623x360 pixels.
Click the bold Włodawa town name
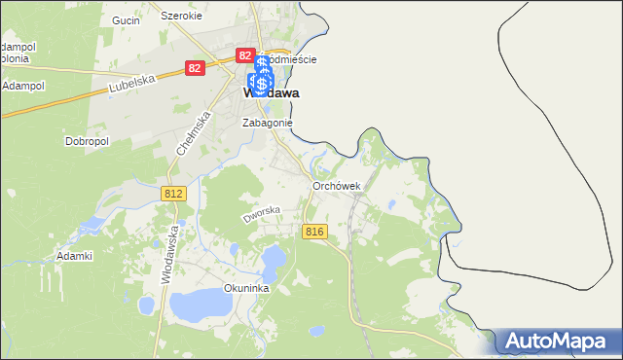[269, 94]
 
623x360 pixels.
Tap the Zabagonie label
[268, 124]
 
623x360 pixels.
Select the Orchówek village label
[337, 186]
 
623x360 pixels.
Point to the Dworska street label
[262, 214]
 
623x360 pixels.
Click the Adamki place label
[74, 256]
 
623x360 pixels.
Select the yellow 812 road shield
[173, 195]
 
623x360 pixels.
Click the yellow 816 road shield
[313, 231]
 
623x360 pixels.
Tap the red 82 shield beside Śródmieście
[245, 56]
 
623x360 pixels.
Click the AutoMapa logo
[559, 341]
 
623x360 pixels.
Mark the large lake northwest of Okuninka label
[201, 304]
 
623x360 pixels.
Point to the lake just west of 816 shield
[274, 258]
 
